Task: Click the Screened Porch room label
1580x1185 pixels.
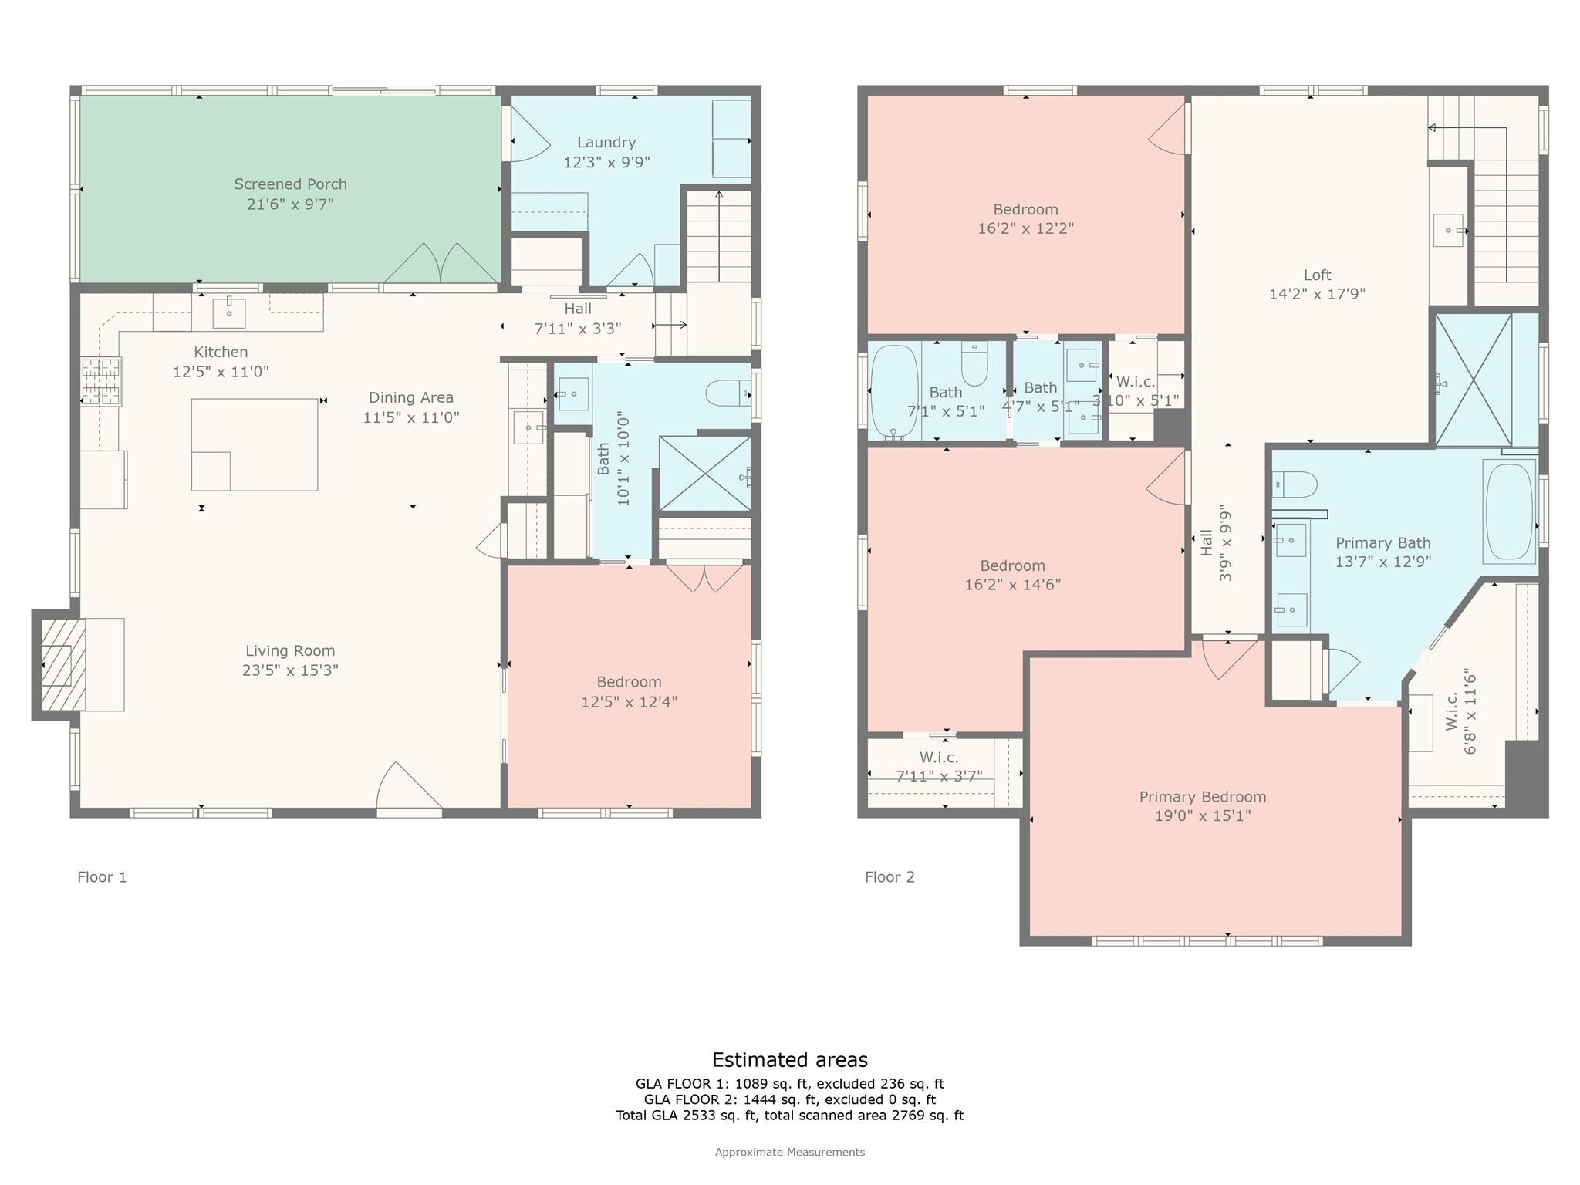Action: [x=290, y=184]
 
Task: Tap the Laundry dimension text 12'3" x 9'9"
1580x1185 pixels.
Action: [x=606, y=162]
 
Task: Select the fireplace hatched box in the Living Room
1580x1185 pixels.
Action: [x=57, y=664]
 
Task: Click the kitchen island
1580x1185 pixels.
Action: [x=254, y=444]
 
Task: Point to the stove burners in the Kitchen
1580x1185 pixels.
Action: [x=102, y=381]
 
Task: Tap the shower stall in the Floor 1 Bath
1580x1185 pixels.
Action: [x=704, y=473]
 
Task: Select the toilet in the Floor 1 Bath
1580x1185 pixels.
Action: [x=727, y=393]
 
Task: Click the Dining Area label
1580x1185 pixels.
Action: [x=410, y=398]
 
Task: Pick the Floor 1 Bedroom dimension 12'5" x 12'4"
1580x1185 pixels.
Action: [x=629, y=702]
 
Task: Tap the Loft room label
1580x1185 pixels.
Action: [x=1317, y=275]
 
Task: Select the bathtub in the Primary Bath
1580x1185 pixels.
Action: [x=1509, y=511]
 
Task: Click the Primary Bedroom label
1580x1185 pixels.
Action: [x=1202, y=797]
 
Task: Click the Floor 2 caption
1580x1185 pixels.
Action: [x=889, y=877]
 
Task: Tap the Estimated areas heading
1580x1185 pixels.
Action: [x=789, y=1060]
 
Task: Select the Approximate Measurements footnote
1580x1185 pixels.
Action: [x=789, y=1153]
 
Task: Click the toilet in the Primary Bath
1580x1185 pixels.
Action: [x=1295, y=484]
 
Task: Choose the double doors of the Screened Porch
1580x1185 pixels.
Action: [x=441, y=264]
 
